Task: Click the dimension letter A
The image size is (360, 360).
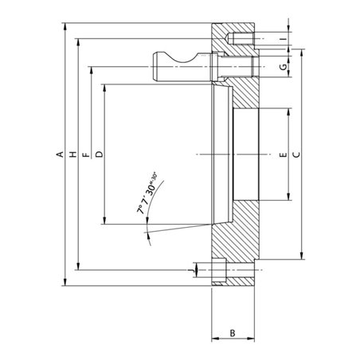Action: [x=61, y=155]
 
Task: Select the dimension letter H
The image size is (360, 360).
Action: [x=72, y=155]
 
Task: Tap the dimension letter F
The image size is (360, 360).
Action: [x=86, y=155]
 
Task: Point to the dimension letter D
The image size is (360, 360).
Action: [x=99, y=155]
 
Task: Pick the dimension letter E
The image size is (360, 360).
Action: [x=284, y=155]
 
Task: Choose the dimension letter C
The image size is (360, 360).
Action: [x=297, y=155]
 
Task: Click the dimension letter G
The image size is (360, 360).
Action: [x=284, y=67]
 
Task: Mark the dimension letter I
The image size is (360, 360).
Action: [x=284, y=39]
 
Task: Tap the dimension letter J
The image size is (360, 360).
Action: [x=190, y=271]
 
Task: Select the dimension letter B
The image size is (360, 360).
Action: [x=233, y=333]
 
